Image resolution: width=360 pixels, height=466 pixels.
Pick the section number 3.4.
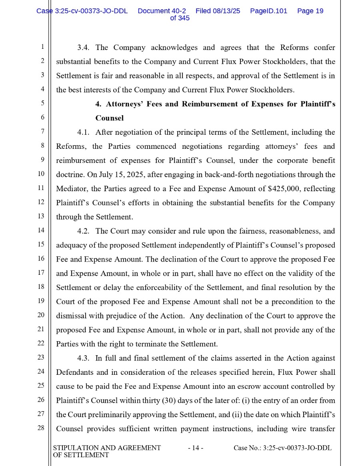pyautogui.click(x=83, y=48)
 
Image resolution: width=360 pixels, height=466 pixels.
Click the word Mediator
pyautogui.click(x=72, y=189)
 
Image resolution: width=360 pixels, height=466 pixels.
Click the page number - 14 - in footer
pyautogui.click(x=196, y=448)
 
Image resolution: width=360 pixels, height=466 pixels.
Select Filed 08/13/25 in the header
pyautogui.click(x=218, y=11)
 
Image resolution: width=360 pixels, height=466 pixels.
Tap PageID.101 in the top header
pyautogui.click(x=268, y=11)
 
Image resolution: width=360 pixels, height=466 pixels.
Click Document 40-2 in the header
pyautogui.click(x=162, y=11)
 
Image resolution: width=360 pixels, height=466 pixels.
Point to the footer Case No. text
pyautogui.click(x=282, y=448)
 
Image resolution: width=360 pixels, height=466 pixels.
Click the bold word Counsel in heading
pyautogui.click(x=109, y=118)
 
